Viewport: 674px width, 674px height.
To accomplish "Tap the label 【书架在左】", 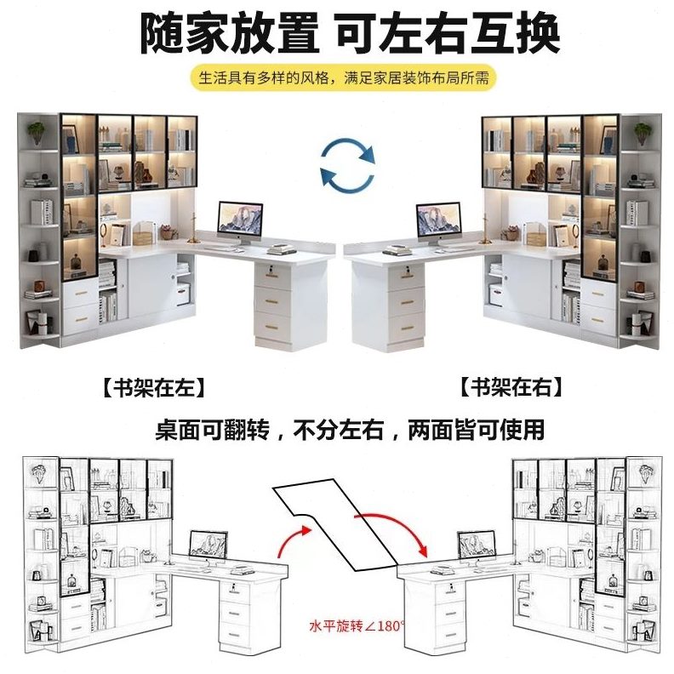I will click(153, 388).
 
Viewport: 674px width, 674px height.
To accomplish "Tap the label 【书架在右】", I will click(512, 388).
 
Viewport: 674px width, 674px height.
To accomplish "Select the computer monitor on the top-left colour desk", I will click(240, 218).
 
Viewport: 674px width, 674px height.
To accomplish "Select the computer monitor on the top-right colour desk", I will click(437, 220).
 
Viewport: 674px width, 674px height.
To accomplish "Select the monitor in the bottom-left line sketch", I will click(208, 545).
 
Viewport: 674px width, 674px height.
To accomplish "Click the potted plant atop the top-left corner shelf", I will click(37, 132).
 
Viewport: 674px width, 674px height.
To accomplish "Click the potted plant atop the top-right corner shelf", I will click(641, 132).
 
